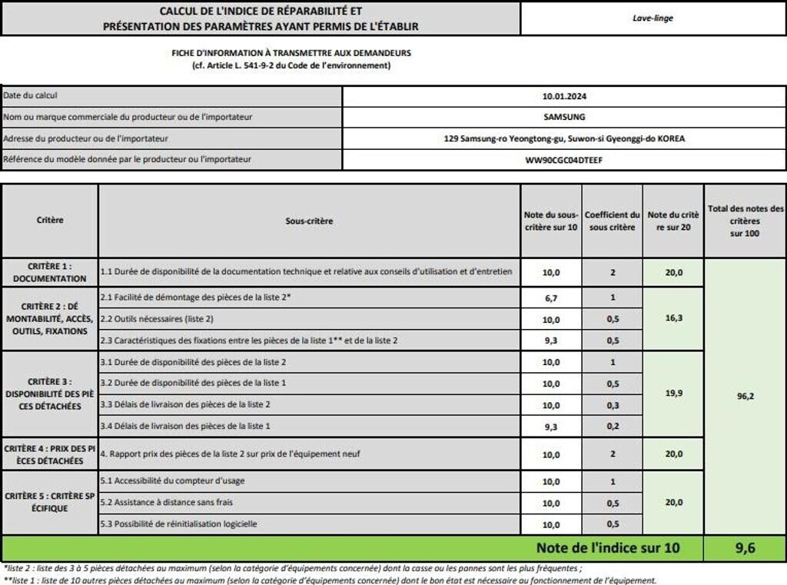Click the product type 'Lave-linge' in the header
652,18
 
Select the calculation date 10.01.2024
564,97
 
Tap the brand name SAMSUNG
564,117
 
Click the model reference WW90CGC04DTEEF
564,160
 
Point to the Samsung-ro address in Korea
564,139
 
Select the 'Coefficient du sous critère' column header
612,221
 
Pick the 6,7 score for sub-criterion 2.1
551,298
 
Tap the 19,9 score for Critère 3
674,393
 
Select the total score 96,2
745,397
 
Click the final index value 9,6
745,549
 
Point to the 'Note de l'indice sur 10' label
608,549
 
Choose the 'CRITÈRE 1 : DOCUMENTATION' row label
50,272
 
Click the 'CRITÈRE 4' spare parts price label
50,454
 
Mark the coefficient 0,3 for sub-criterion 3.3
612,405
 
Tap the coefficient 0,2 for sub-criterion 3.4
612,426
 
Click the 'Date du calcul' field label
31,96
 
